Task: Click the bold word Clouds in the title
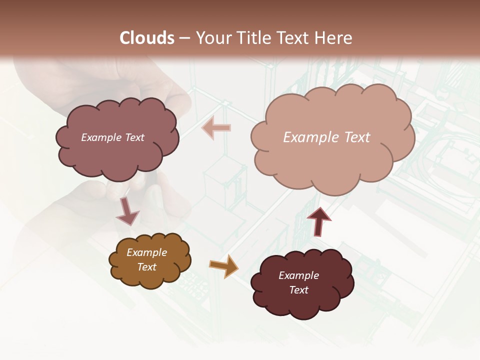pos(147,38)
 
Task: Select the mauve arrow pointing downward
pos(127,211)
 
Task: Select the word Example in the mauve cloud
pos(101,137)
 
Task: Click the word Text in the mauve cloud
pos(134,137)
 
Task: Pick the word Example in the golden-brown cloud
pos(146,252)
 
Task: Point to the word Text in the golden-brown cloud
pos(146,267)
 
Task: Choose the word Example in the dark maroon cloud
pos(298,275)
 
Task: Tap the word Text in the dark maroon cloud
pos(298,290)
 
